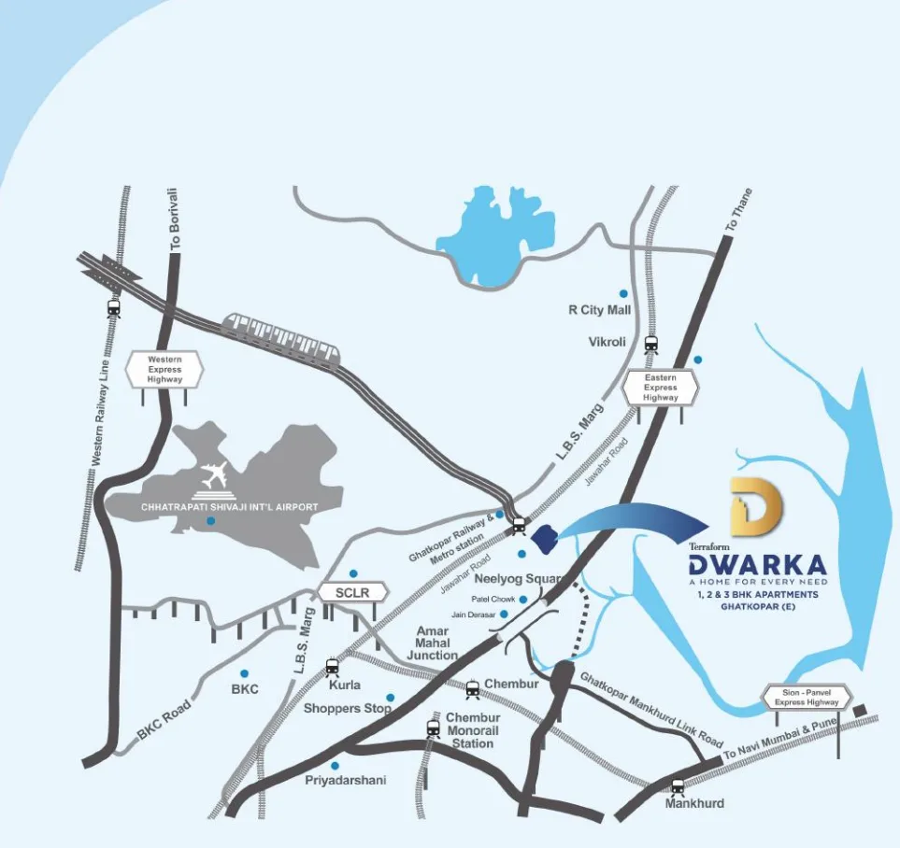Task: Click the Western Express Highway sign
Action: pos(165,369)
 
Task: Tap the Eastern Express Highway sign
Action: pos(661,387)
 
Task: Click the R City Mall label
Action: pos(600,310)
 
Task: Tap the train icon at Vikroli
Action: pos(650,344)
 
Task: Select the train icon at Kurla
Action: pos(332,667)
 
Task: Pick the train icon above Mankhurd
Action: pos(678,786)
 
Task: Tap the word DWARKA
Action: pos(757,565)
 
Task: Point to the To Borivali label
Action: pos(174,218)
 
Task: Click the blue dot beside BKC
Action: pos(244,672)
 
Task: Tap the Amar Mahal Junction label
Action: pos(432,643)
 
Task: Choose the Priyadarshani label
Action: pos(345,780)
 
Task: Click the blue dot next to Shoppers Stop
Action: pos(391,697)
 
